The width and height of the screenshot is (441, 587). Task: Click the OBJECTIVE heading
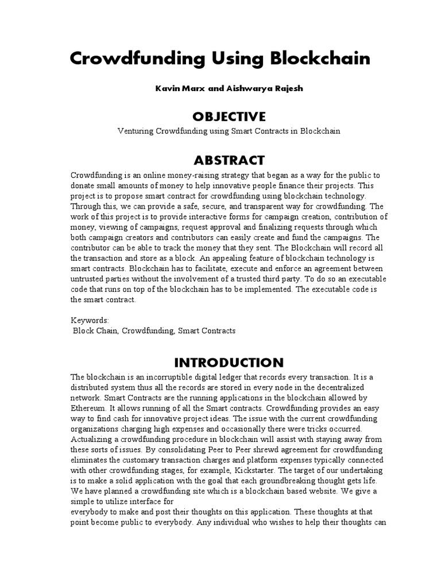(x=220, y=116)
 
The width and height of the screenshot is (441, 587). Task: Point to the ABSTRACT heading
(x=220, y=160)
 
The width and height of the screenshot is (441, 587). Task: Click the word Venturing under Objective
(x=136, y=131)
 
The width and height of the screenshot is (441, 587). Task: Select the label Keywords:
(x=89, y=320)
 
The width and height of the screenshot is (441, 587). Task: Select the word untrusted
(x=88, y=279)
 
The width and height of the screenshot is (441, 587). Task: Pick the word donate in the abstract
(x=83, y=186)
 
